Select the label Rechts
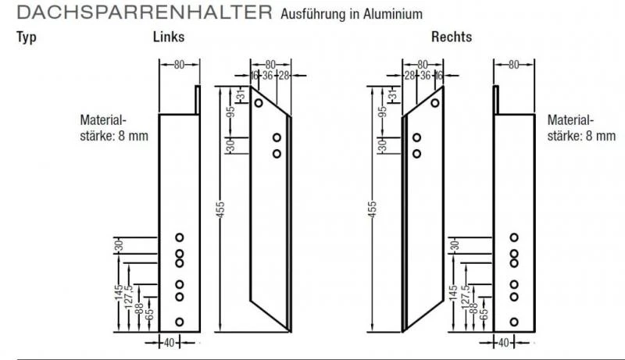pos(452,37)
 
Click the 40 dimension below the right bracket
pos(503,341)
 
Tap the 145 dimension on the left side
pos(116,295)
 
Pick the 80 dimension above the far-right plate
pos(513,65)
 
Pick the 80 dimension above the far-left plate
pos(179,65)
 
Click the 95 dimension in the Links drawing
pos(231,111)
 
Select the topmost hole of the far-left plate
pos(179,237)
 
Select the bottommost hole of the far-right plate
pos(514,321)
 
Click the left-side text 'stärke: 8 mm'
pos(114,136)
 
